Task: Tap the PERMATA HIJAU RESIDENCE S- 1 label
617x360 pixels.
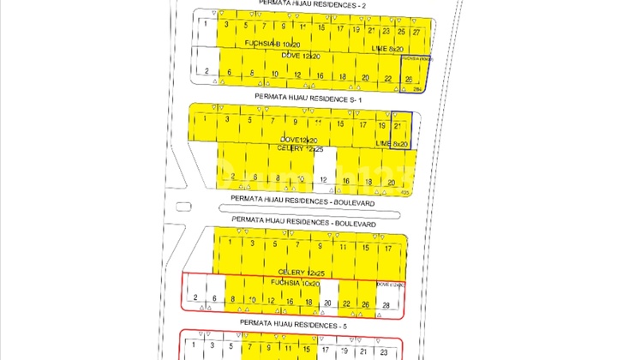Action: point(305,98)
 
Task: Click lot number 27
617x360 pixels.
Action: point(416,31)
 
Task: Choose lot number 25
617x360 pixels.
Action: point(401,31)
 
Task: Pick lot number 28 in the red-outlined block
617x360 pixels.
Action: point(386,305)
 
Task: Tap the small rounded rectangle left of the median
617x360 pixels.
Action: point(181,206)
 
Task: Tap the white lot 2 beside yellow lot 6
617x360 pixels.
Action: point(207,70)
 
